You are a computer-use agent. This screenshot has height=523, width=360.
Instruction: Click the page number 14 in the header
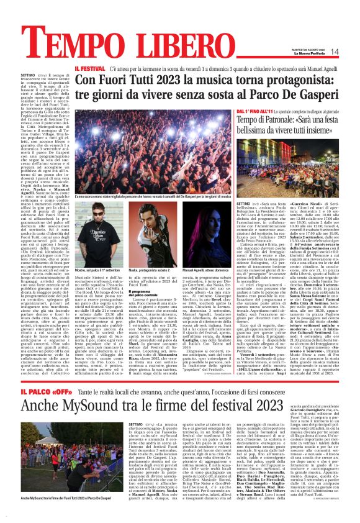[x=351, y=52]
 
